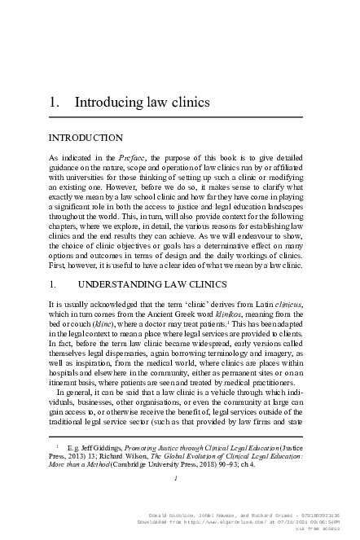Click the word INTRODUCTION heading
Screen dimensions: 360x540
86,138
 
